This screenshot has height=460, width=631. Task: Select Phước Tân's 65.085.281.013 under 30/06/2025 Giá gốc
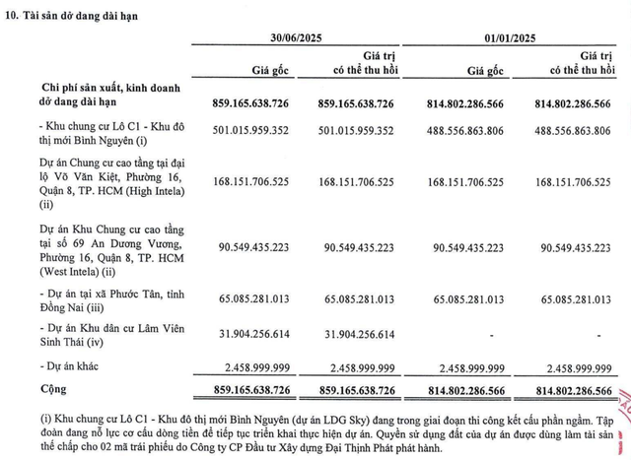tap(243, 298)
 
